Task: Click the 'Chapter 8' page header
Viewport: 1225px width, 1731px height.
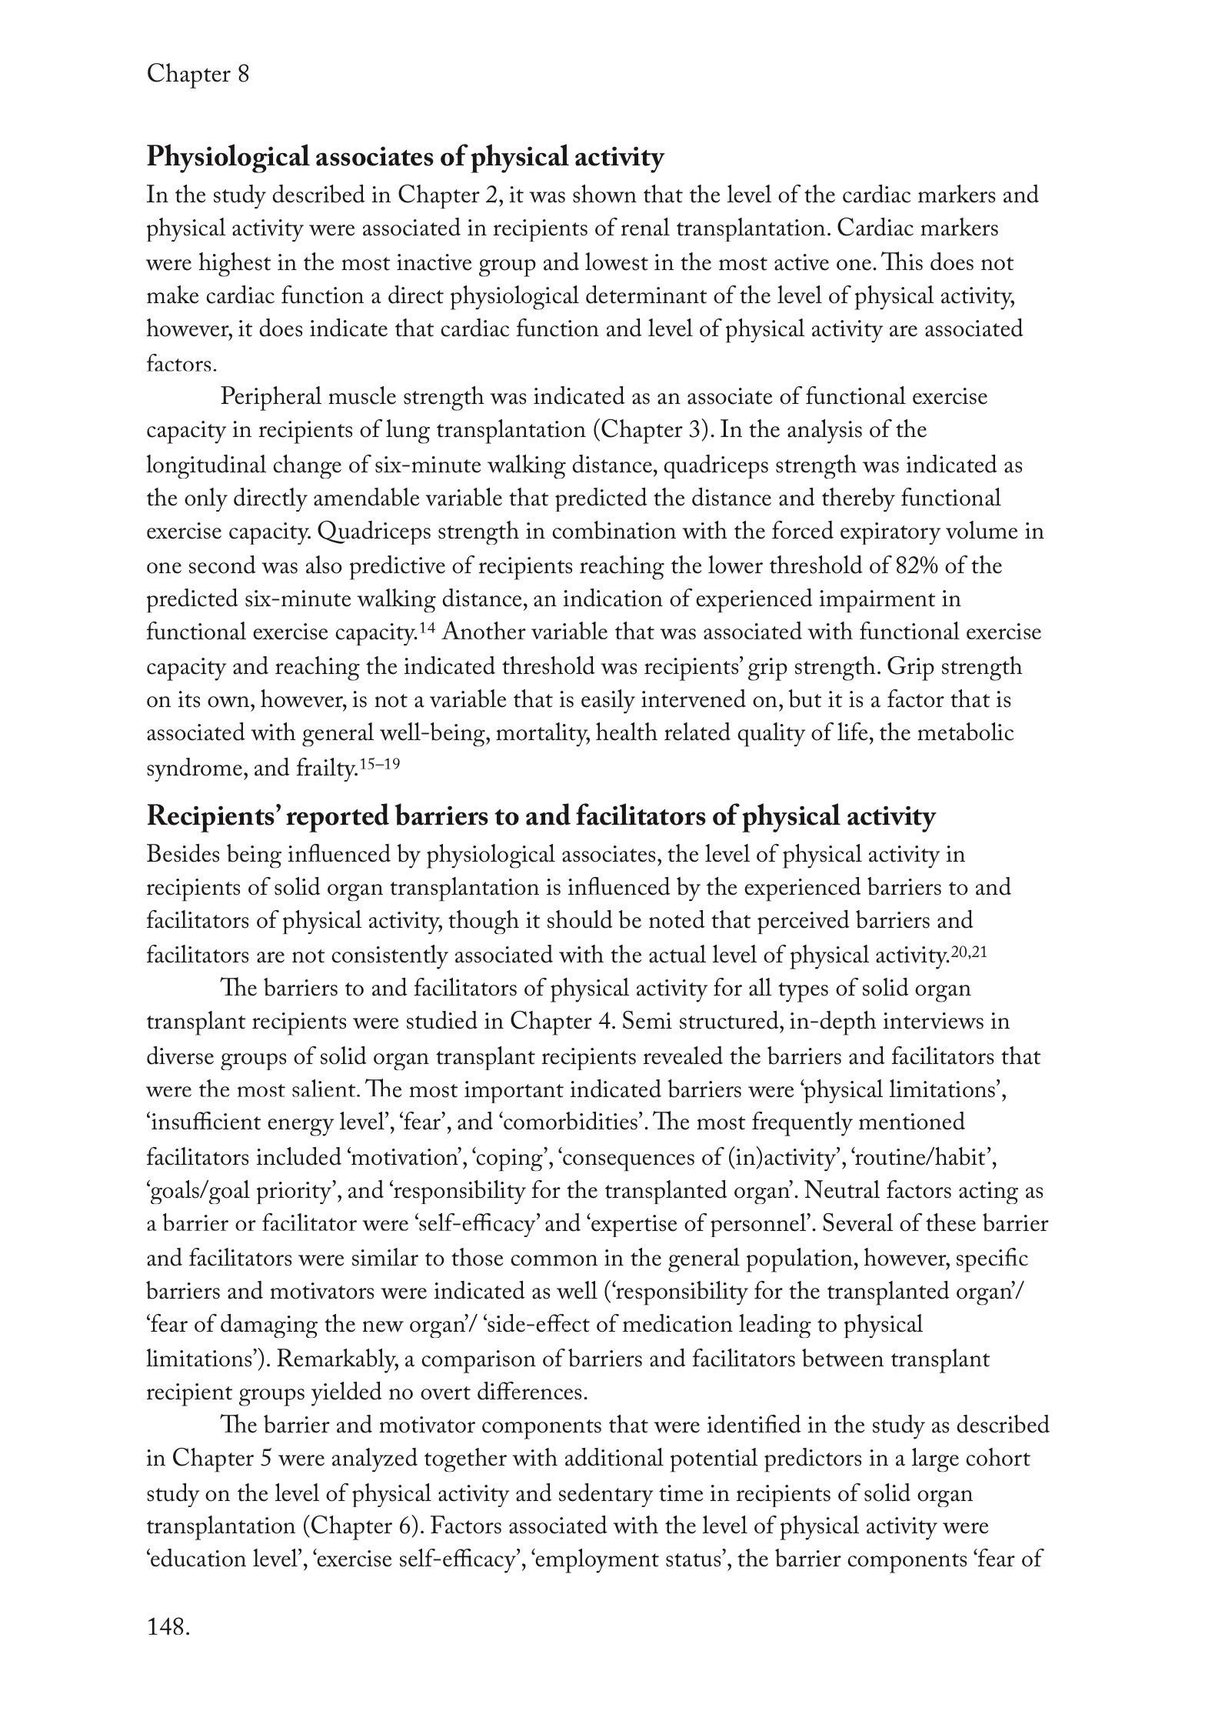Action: [198, 75]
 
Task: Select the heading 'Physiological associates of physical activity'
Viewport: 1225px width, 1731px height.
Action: [404, 158]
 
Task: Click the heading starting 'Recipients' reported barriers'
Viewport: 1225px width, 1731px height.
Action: [541, 816]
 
